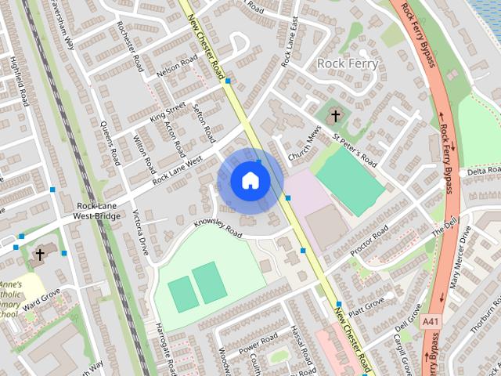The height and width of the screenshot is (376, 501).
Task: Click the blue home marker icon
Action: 250,180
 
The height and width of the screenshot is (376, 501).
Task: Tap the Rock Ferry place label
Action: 348,63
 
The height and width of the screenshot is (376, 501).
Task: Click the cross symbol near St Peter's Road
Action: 336,117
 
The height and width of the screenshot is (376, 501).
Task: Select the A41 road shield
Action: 430,322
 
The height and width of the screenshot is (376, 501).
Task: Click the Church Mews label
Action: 305,147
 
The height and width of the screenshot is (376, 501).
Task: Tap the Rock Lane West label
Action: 178,169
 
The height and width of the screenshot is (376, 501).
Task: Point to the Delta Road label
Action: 482,171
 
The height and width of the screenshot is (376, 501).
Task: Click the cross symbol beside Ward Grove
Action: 40,255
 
